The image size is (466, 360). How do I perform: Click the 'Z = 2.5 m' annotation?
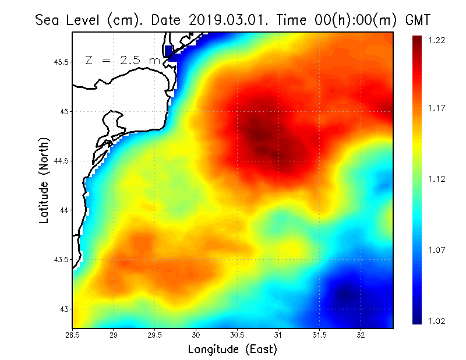(122, 61)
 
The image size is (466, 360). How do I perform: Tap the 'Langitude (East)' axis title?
(232, 350)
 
